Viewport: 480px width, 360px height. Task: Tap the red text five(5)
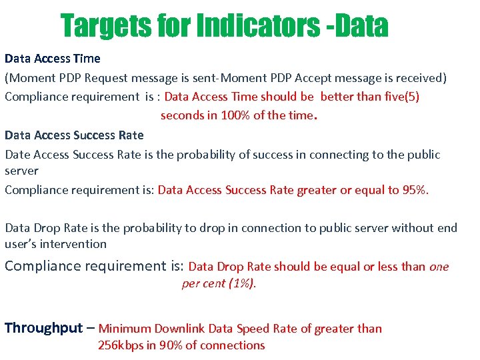click(402, 96)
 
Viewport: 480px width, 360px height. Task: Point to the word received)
click(421, 78)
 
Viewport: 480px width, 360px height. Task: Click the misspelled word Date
click(17, 155)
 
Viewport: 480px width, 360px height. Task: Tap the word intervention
click(76, 244)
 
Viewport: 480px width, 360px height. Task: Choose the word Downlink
click(180, 328)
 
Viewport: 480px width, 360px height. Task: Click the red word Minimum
click(125, 328)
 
